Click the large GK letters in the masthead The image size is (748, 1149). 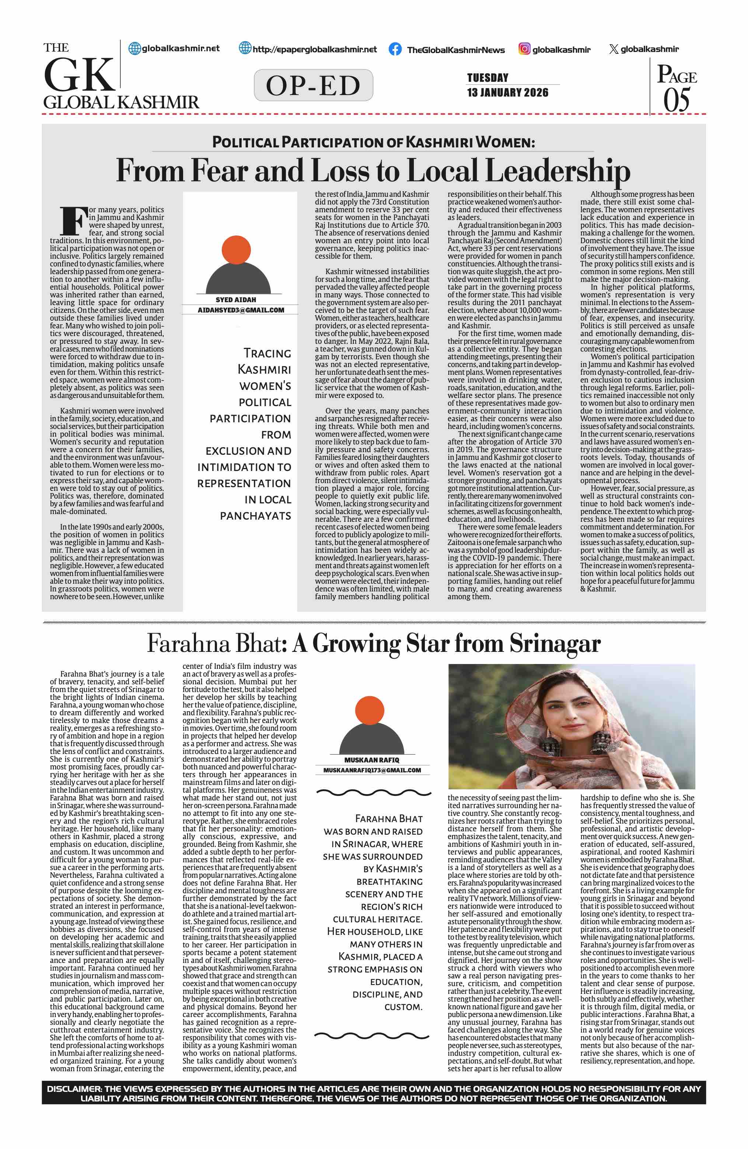80,75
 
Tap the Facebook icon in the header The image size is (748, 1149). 395,49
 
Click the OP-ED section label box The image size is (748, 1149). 313,85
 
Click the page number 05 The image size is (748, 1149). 677,100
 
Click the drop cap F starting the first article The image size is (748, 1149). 73,221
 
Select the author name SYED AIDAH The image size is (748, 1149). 236,300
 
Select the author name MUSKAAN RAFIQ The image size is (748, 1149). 371,760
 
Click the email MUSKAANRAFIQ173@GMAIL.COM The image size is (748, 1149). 372,771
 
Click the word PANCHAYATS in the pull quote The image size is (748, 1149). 255,516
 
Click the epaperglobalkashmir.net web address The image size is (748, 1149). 315,49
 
